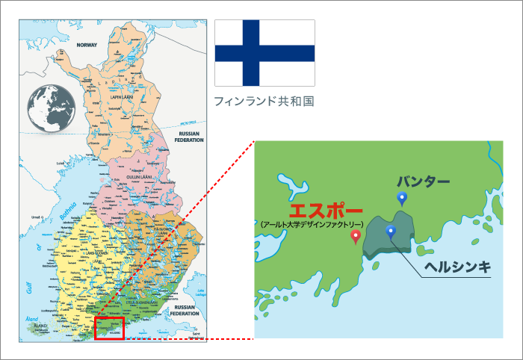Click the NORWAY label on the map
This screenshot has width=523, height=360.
point(86,45)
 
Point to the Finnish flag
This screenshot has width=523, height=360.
point(264,53)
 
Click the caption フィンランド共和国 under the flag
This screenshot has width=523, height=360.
point(264,101)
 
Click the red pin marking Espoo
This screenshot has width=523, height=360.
point(356,237)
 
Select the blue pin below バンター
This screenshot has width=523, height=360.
point(402,199)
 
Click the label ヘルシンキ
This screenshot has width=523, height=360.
point(457,267)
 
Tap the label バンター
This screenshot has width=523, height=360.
point(423,181)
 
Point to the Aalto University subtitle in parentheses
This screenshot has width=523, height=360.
point(312,224)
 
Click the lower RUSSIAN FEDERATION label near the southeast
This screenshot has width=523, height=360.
point(184,311)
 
